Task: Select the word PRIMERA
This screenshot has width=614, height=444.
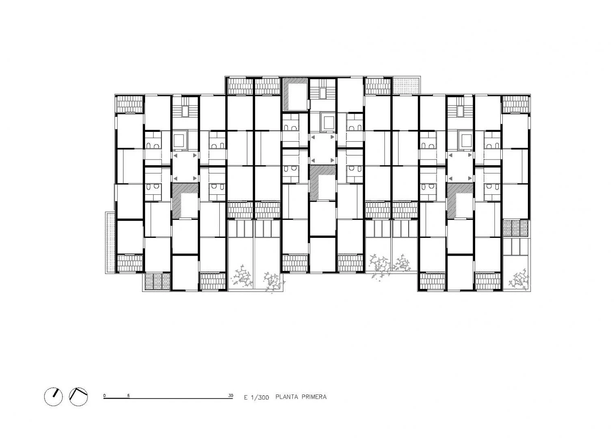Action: coord(314,397)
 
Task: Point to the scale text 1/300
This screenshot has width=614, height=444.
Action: coord(260,397)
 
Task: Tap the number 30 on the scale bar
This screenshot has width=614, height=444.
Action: coord(231,396)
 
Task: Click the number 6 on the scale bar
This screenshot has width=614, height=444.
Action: coord(128,396)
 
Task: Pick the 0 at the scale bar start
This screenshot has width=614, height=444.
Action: coord(104,396)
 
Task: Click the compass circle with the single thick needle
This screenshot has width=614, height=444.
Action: coord(54,397)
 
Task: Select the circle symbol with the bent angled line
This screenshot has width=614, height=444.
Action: coord(78,397)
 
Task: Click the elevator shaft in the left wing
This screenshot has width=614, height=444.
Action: coord(180,140)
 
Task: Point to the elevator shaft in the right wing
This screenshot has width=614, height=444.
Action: coord(465,140)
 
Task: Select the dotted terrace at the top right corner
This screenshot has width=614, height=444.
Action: coord(406,86)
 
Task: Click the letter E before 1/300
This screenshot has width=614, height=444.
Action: coord(246,397)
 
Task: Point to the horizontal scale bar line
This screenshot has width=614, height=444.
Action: coord(168,399)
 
